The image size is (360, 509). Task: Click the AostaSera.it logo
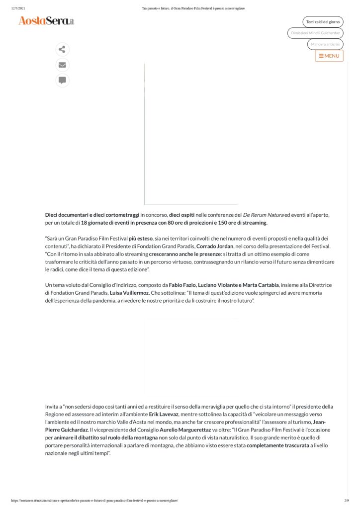(46, 21)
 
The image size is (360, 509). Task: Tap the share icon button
(62, 49)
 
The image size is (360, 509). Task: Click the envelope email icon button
(62, 65)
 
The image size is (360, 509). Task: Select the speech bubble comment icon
(62, 80)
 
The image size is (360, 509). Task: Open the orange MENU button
(329, 56)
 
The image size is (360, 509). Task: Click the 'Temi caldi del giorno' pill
(323, 22)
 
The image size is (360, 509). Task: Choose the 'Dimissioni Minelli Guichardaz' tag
(315, 33)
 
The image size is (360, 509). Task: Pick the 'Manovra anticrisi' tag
(325, 44)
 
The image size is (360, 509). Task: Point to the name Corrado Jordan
(215, 246)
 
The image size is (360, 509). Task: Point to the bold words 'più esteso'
(140, 239)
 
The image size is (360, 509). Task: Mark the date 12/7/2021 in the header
(18, 8)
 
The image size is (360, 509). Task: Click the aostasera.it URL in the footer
(94, 501)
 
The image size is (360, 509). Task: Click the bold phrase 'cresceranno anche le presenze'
(184, 254)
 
